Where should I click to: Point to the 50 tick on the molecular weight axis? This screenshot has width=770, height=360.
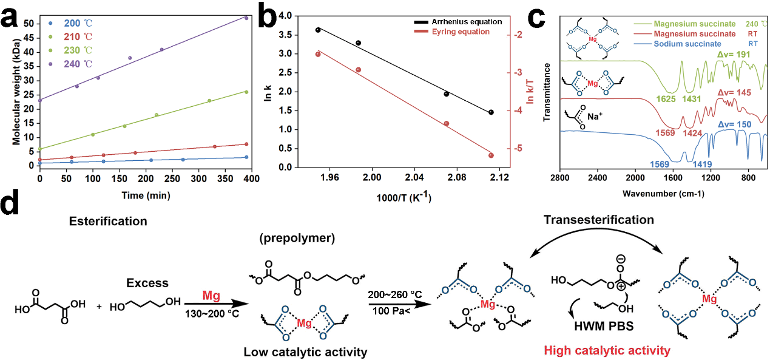click(x=28, y=24)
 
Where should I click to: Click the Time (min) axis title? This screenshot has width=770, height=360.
click(x=144, y=195)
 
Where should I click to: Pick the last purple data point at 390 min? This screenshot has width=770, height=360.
click(x=246, y=18)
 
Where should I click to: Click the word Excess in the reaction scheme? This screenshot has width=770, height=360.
click(x=147, y=283)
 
